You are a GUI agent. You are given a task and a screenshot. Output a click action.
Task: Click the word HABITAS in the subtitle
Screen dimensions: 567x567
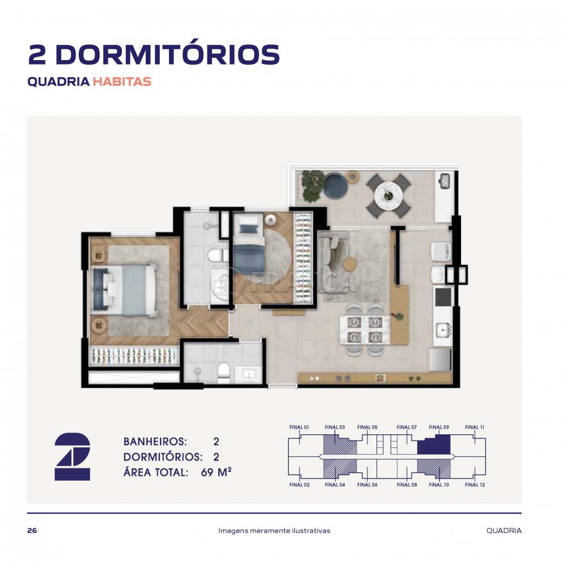(x=122, y=82)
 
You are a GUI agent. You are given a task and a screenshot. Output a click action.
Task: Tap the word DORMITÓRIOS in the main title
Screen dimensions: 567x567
(x=168, y=55)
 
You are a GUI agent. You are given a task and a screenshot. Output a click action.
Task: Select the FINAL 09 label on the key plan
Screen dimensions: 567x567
(x=439, y=427)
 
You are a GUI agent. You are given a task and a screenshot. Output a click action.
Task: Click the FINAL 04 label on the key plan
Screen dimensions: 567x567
(x=335, y=485)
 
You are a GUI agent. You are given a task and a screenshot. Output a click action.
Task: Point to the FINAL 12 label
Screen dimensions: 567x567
(x=475, y=485)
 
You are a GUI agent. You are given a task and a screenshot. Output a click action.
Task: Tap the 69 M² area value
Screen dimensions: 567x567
(x=216, y=472)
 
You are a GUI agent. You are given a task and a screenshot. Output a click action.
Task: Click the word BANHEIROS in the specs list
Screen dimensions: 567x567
(x=155, y=442)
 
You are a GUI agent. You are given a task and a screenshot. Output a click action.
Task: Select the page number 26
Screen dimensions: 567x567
(x=32, y=531)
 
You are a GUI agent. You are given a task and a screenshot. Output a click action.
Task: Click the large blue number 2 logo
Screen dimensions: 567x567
(x=73, y=456)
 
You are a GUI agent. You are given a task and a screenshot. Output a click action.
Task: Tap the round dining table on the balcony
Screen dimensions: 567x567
(x=388, y=195)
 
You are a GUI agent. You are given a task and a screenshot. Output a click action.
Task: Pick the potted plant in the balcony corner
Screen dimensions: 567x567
(x=312, y=185)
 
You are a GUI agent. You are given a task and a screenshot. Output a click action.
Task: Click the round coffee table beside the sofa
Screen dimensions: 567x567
(x=350, y=263)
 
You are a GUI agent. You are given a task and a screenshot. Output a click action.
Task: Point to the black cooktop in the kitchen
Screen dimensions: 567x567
(x=443, y=297)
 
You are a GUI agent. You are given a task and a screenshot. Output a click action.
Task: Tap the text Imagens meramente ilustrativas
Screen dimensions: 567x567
(x=274, y=531)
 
